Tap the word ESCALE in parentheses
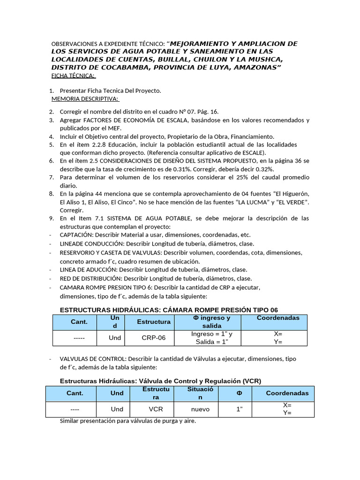pyautogui.click(x=252, y=152)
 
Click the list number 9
pyautogui.click(x=51, y=218)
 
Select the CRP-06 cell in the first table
pyautogui.click(x=153, y=337)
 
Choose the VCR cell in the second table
pyautogui.click(x=156, y=409)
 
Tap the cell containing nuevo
pyautogui.click(x=200, y=409)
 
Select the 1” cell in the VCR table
pyautogui.click(x=239, y=409)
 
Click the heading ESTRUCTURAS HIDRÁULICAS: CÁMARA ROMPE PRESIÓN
pyautogui.click(x=169, y=310)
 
